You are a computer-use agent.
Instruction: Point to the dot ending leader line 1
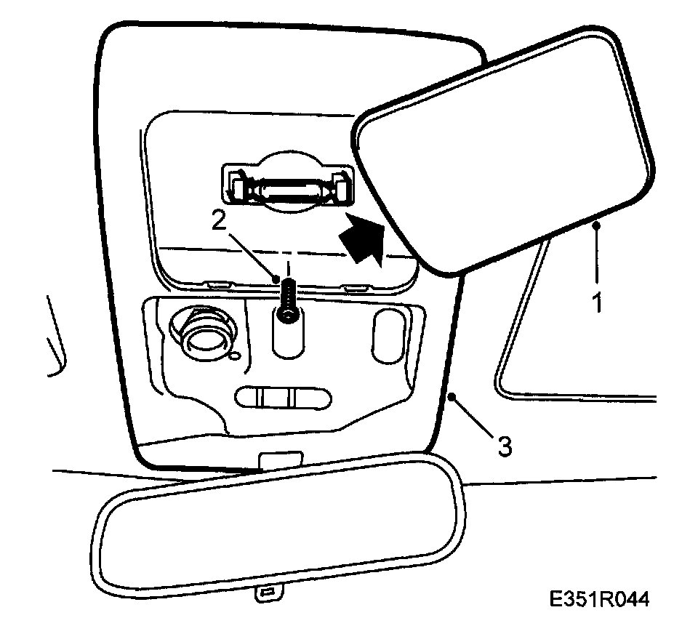(x=596, y=226)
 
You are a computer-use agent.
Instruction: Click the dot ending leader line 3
(x=453, y=396)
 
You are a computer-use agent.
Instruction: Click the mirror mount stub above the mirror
(x=281, y=460)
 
